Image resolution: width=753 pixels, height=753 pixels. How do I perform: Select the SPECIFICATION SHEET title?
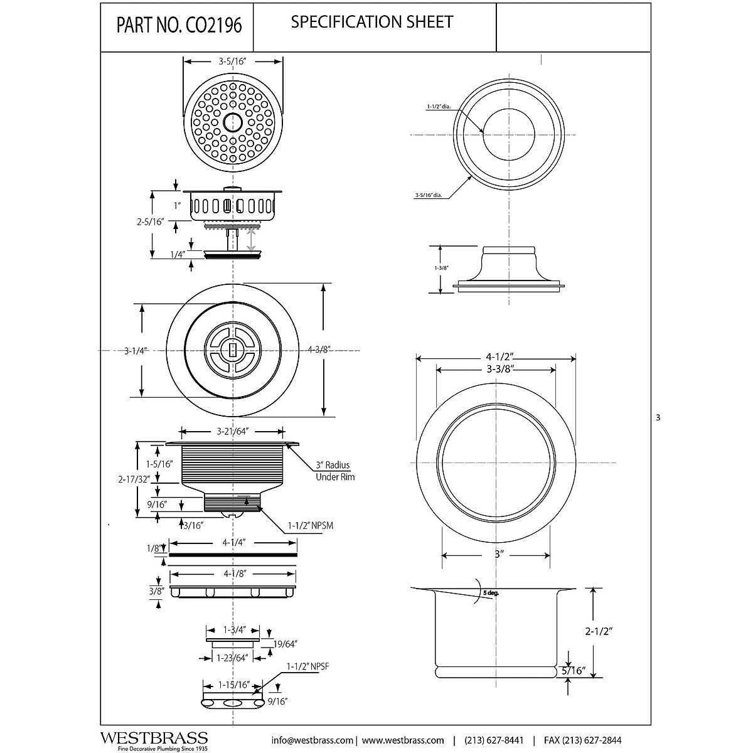tap(372, 22)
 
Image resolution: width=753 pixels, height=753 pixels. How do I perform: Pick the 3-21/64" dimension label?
tap(233, 431)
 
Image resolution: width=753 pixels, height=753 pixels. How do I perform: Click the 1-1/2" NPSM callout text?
tap(310, 526)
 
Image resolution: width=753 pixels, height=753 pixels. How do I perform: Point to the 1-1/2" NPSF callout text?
tap(307, 666)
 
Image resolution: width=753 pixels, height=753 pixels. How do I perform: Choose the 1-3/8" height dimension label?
tap(441, 268)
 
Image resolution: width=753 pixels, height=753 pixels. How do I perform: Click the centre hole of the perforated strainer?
tap(233, 121)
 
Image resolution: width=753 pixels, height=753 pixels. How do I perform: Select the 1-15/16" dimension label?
tap(233, 685)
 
